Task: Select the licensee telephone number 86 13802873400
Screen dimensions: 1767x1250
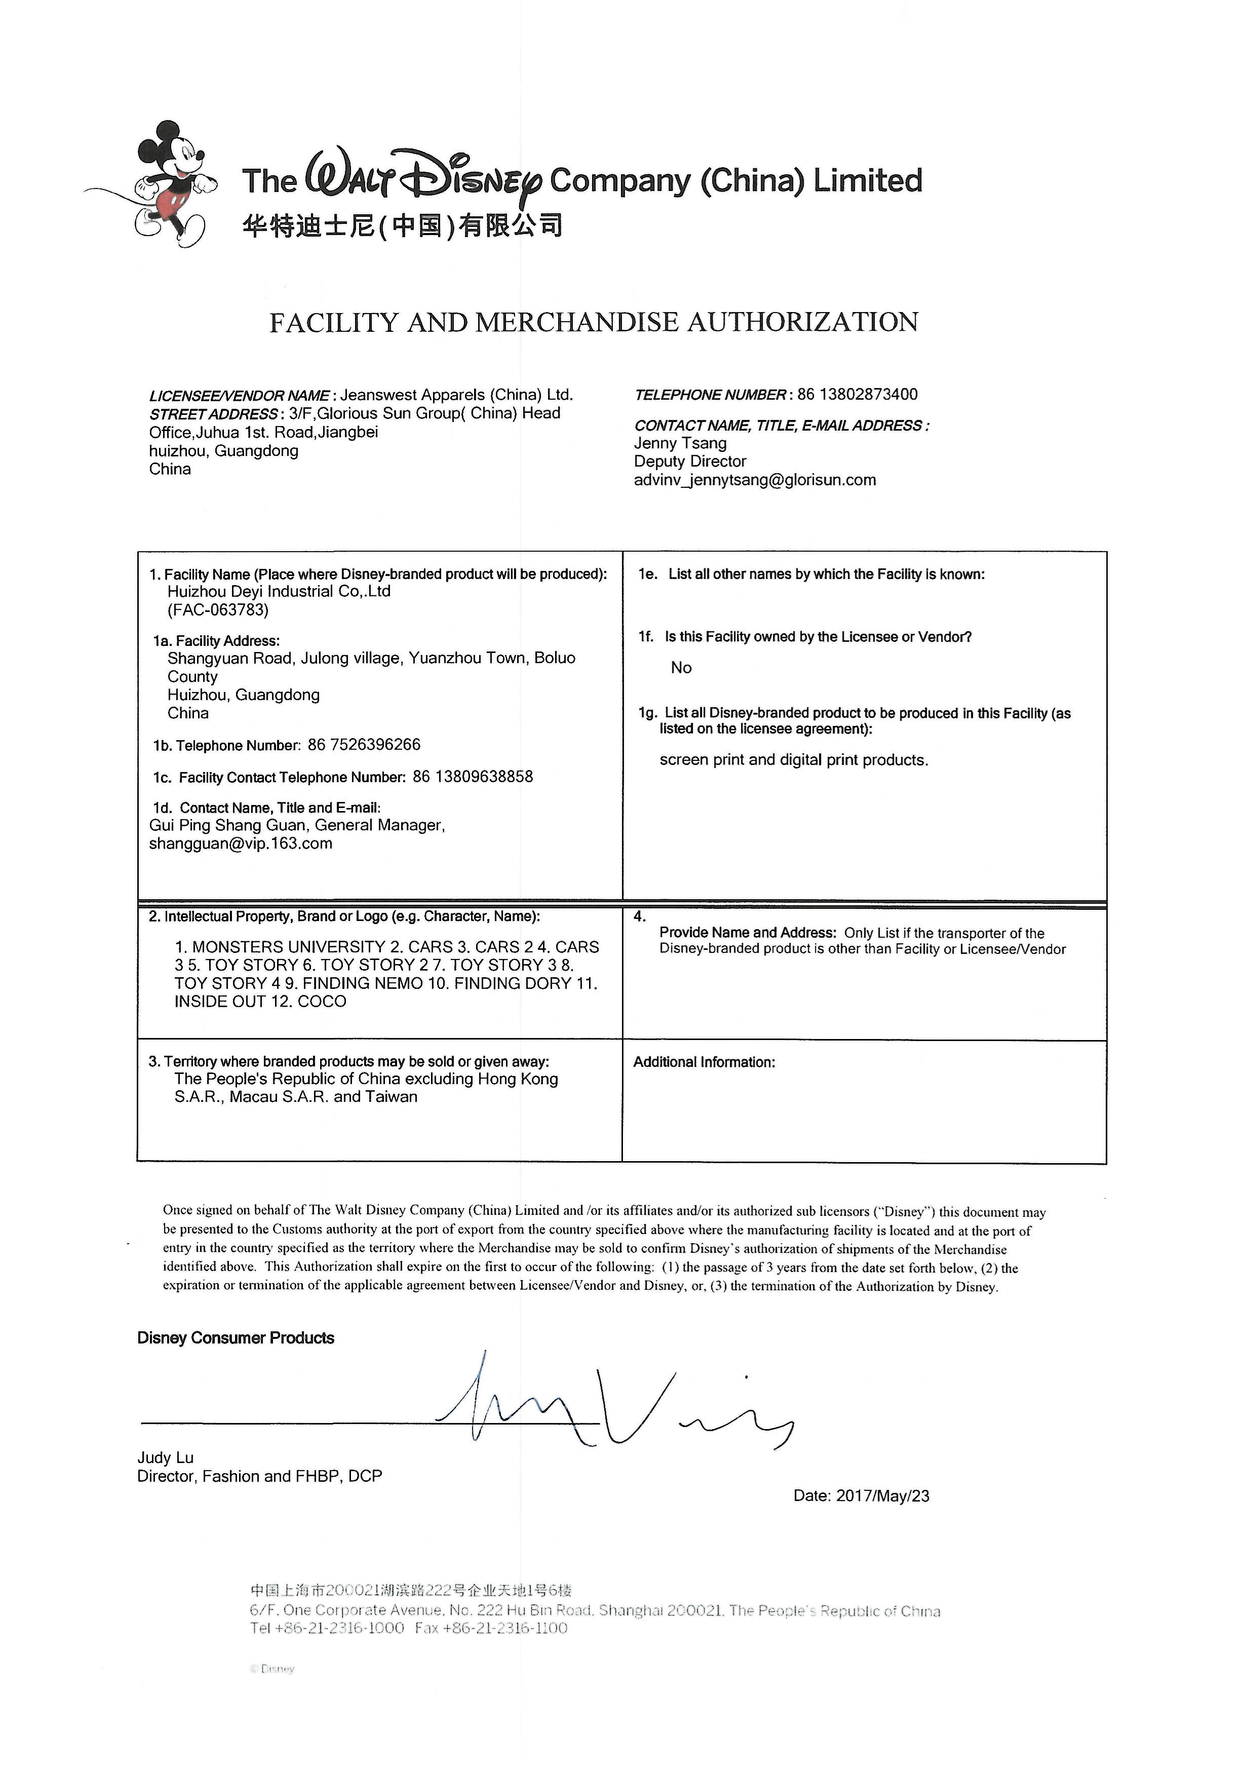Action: (857, 394)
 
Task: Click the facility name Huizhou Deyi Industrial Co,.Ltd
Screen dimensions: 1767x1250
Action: (279, 591)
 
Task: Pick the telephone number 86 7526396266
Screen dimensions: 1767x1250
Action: (364, 745)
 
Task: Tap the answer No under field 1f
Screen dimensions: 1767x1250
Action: (681, 668)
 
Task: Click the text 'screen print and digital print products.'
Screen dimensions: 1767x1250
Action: (794, 760)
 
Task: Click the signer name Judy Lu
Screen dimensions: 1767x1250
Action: (165, 1457)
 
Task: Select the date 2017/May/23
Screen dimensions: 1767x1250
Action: (883, 1496)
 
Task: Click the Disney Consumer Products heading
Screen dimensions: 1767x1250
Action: (236, 1338)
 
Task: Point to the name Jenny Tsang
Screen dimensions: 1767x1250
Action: (680, 443)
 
